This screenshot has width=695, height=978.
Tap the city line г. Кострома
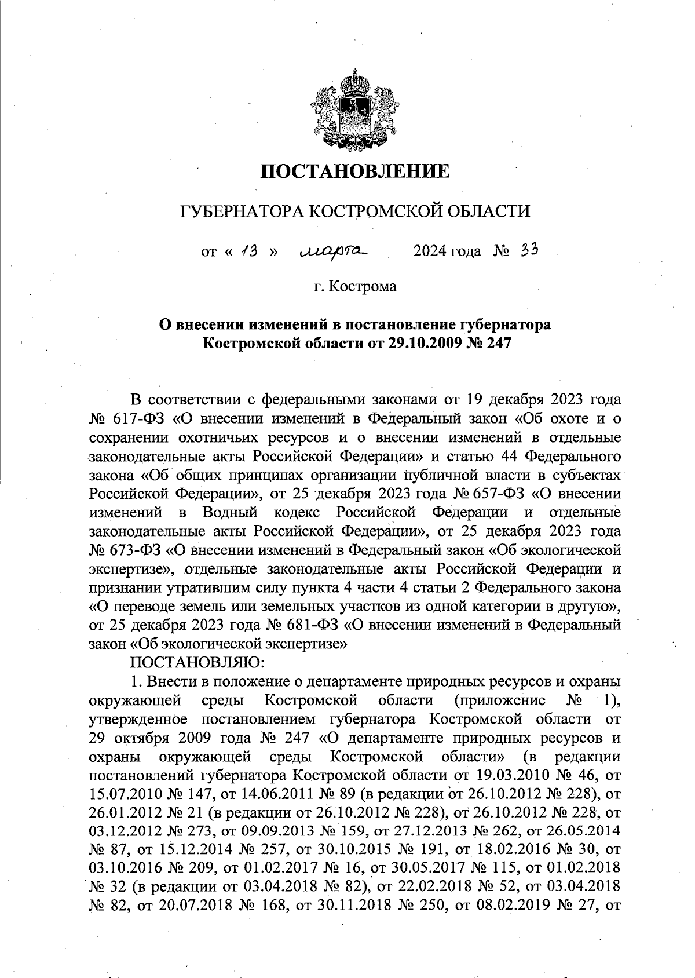pyautogui.click(x=354, y=286)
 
